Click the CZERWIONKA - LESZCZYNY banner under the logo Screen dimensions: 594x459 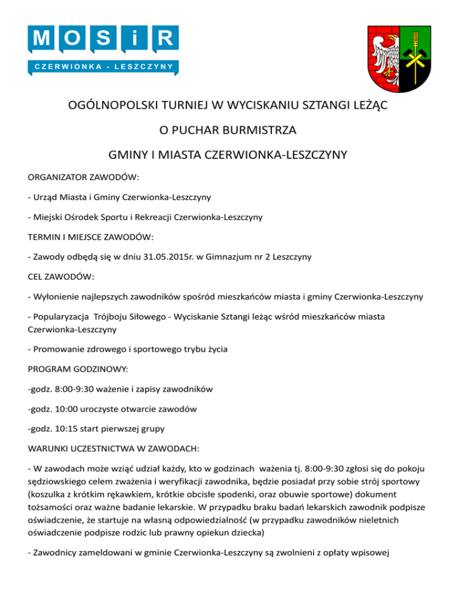pyautogui.click(x=103, y=66)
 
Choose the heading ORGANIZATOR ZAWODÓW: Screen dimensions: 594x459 pyautogui.click(x=84, y=177)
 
